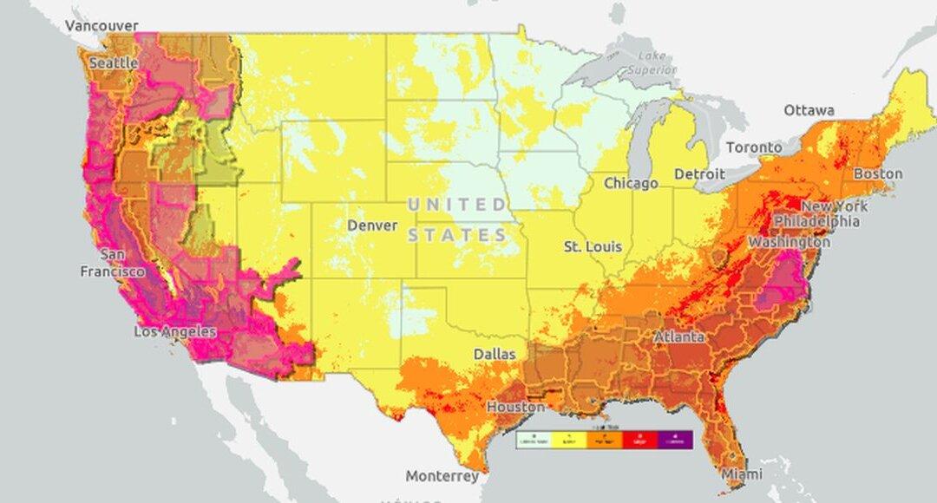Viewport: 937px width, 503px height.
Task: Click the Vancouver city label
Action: tap(102, 25)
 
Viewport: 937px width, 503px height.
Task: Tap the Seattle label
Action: tap(113, 63)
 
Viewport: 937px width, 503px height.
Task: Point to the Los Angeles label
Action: tap(174, 332)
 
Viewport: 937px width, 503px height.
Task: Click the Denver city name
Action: tap(372, 225)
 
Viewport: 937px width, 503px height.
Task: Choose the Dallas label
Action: tap(494, 354)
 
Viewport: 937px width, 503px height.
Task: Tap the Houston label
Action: tap(515, 407)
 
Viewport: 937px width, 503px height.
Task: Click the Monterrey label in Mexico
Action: tap(442, 476)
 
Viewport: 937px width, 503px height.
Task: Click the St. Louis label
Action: tap(593, 247)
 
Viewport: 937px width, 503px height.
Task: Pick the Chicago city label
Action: tap(631, 183)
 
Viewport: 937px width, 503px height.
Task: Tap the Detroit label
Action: tap(699, 174)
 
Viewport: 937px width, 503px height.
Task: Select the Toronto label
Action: tap(754, 147)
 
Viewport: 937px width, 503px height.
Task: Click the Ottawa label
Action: tap(809, 110)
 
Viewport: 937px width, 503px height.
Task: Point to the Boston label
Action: tap(878, 173)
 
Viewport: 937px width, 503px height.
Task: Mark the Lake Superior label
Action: tap(651, 62)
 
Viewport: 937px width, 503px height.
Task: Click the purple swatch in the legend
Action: tap(674, 440)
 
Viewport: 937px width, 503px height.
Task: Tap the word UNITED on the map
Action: tap(458, 205)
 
